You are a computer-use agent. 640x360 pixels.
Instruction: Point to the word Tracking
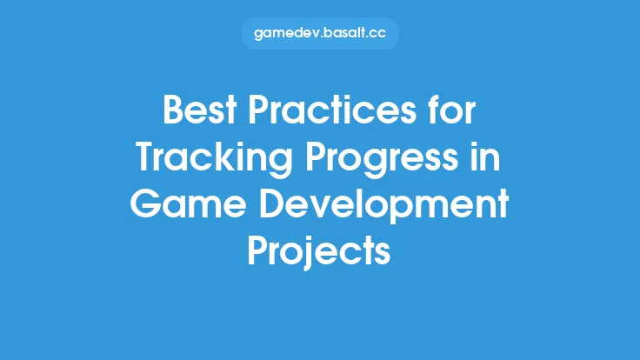pos(208,157)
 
